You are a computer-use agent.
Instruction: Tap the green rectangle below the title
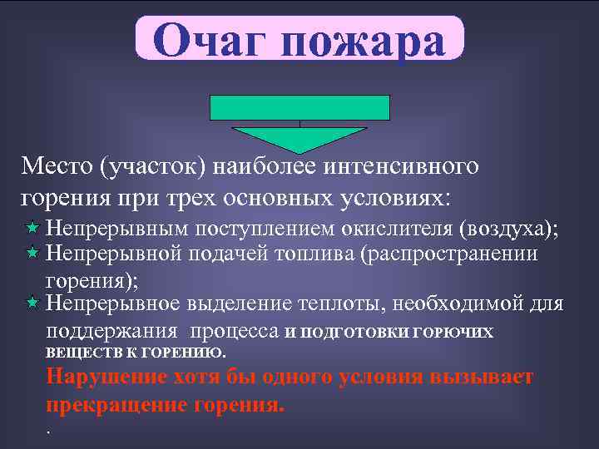point(299,107)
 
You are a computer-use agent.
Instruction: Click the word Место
point(56,166)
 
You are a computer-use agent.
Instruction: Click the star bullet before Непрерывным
point(32,228)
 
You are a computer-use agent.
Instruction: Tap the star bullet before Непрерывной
point(32,252)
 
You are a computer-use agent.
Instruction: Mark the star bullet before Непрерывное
point(32,303)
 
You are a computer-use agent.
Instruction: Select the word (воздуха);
point(507,227)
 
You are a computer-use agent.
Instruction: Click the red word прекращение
point(116,406)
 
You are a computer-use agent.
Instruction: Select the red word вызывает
point(482,377)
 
